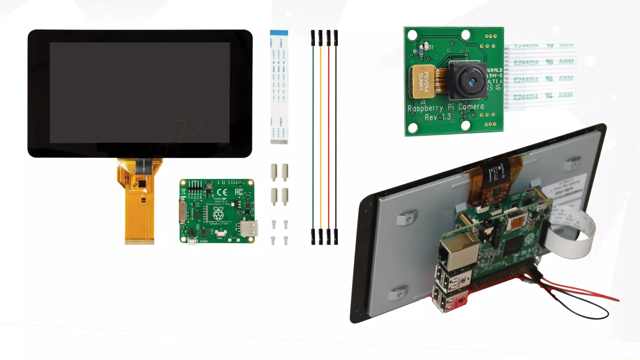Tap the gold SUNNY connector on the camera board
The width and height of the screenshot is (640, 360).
tap(423, 81)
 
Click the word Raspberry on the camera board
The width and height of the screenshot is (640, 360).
tap(425, 108)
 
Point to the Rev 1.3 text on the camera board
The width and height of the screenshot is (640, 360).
tap(437, 117)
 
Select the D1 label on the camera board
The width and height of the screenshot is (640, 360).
tap(431, 47)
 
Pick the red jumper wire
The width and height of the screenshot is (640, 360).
tap(328, 137)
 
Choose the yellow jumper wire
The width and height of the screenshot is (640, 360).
tap(321, 137)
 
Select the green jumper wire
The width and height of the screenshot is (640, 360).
tap(313, 137)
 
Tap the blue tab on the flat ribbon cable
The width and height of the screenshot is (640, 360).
tap(279, 32)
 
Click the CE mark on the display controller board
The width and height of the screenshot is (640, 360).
tap(222, 192)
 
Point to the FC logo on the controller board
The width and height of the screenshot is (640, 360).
tap(239, 192)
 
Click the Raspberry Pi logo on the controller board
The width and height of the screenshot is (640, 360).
tap(218, 213)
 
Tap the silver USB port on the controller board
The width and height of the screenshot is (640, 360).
tap(249, 229)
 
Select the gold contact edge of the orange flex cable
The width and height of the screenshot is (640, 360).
tap(139, 242)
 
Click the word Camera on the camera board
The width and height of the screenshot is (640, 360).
tap(471, 107)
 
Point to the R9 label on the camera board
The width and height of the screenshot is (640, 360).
tap(416, 52)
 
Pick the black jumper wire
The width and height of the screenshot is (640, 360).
tap(336, 137)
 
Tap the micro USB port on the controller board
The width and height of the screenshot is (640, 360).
tap(192, 241)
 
